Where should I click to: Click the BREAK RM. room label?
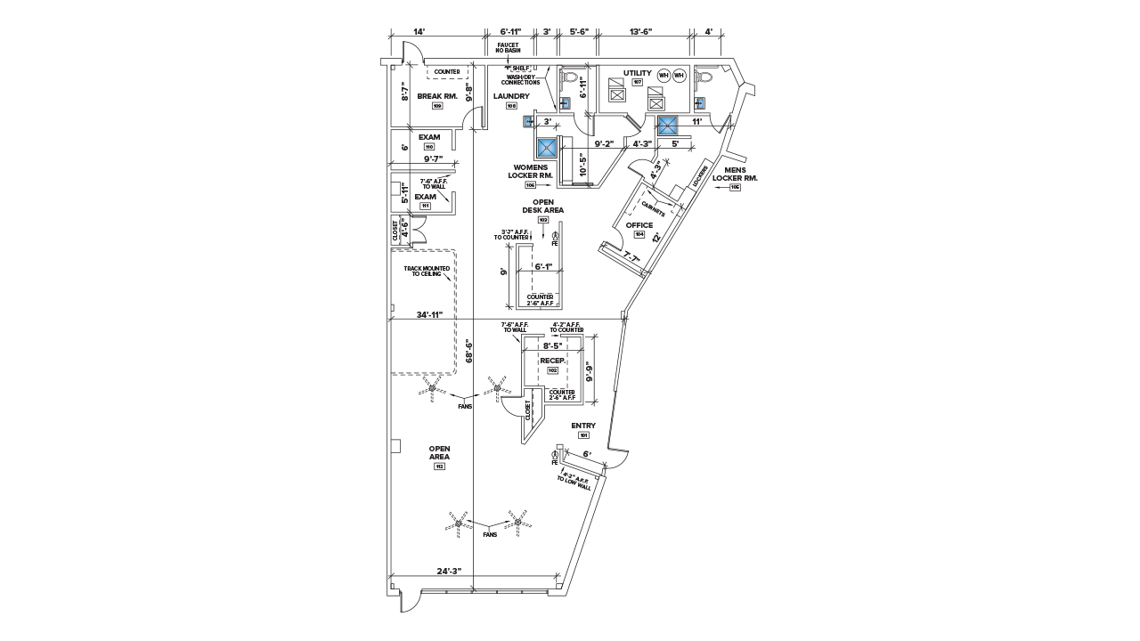pos(437,95)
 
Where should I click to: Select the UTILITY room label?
pos(638,74)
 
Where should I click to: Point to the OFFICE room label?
pos(639,226)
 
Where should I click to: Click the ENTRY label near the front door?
pos(583,426)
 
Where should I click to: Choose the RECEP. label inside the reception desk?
pos(552,361)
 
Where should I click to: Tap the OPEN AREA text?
pos(439,452)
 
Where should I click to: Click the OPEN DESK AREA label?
pos(543,207)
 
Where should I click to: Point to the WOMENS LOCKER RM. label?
pos(531,172)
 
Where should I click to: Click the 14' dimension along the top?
pos(419,32)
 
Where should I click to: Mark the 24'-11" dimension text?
pos(429,314)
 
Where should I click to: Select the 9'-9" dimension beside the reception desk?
pos(590,369)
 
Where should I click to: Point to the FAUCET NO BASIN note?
pos(508,47)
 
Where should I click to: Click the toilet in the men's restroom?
pos(704,78)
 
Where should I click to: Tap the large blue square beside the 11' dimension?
pos(667,125)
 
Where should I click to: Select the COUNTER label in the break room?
pos(447,71)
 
